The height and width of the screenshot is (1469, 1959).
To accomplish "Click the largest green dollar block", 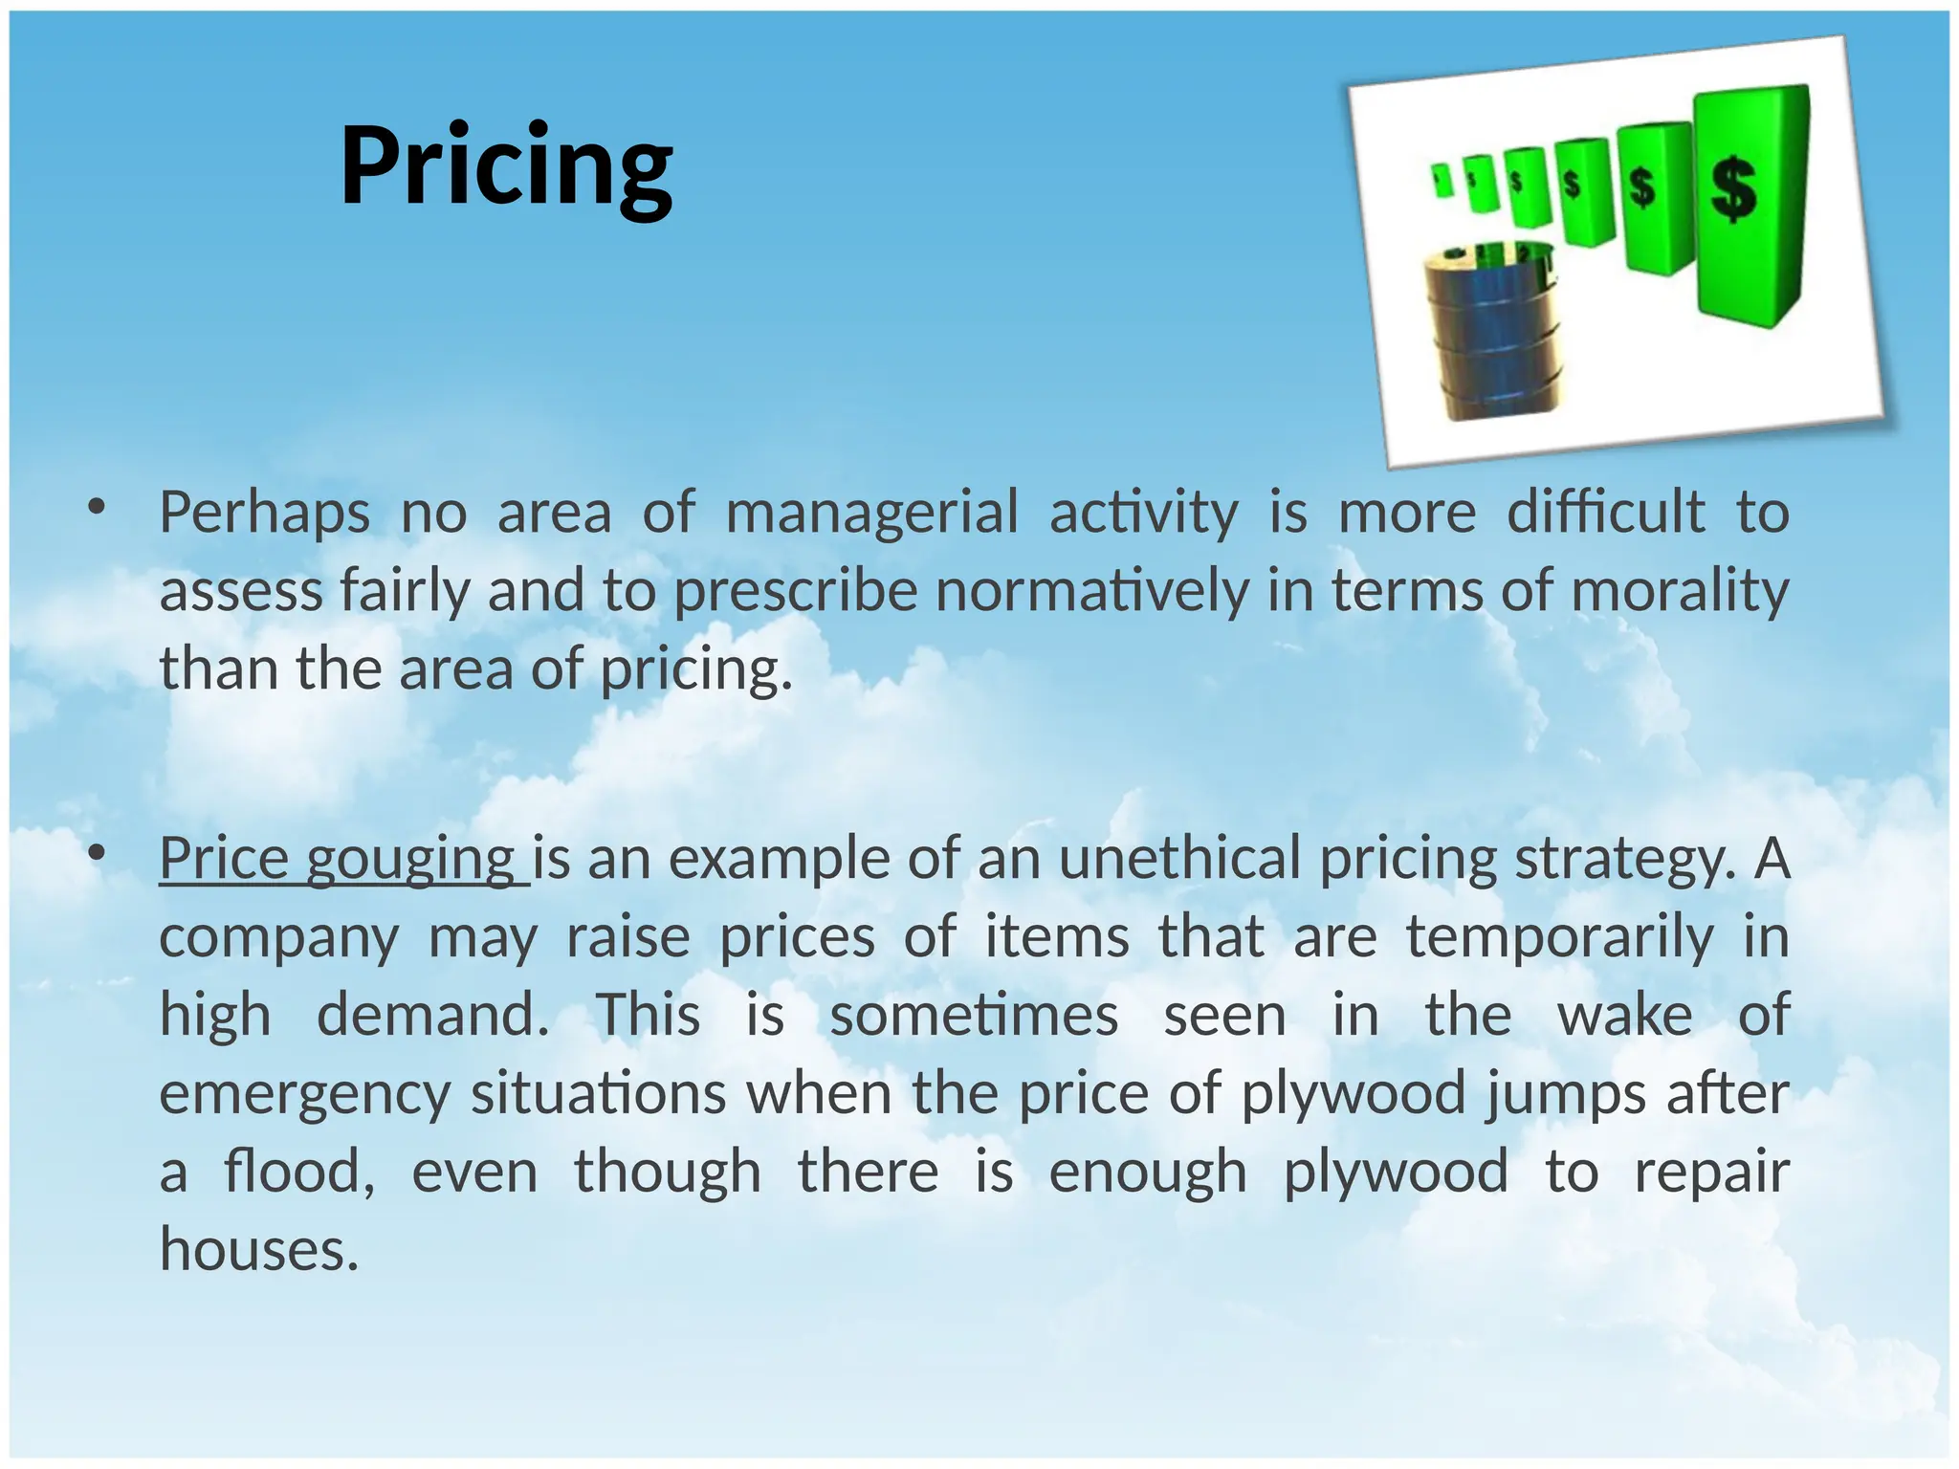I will pos(1750,205).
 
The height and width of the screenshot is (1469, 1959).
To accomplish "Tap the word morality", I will pos(1680,590).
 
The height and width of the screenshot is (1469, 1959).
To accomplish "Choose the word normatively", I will pos(1092,590).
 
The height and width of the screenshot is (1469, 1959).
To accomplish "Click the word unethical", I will pos(1180,858).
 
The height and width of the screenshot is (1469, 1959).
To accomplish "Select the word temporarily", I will pos(1559,936).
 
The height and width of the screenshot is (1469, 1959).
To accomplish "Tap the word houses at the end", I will pos(258,1250).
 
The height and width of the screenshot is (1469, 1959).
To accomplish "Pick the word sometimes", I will pos(974,1015).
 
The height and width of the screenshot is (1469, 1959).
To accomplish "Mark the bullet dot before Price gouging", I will pos(95,853).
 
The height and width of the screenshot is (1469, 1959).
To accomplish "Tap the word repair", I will pos(1711,1173).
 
